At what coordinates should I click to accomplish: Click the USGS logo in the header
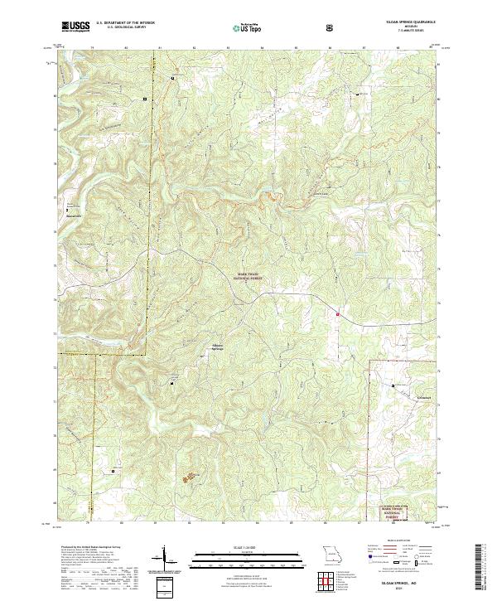tap(75, 27)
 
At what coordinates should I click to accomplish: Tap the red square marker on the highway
tap(337, 313)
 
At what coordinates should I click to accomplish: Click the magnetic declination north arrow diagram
tap(164, 557)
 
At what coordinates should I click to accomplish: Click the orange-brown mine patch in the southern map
tap(191, 476)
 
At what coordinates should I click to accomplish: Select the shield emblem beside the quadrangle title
tap(331, 27)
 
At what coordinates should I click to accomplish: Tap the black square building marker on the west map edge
tap(67, 211)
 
